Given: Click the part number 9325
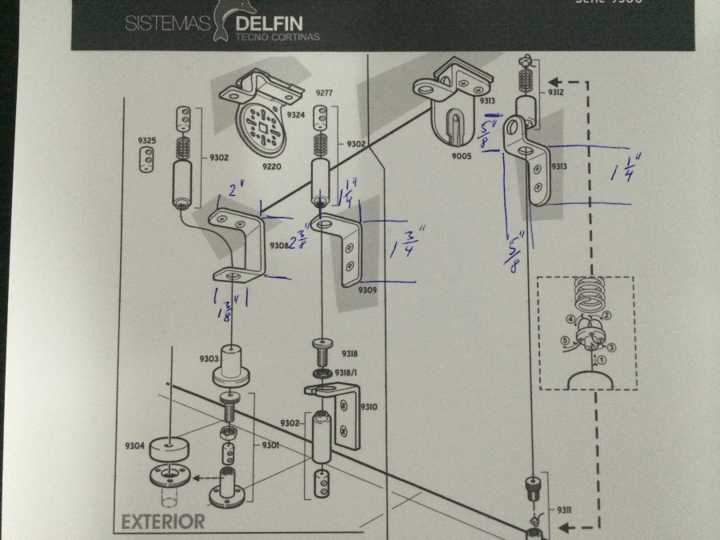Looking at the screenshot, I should [x=147, y=141].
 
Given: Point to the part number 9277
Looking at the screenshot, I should [x=325, y=94].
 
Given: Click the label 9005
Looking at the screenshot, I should [x=461, y=156].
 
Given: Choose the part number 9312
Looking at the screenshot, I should [x=556, y=93].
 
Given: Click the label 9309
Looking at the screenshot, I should [x=368, y=290].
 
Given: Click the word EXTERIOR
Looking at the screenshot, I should [x=163, y=522].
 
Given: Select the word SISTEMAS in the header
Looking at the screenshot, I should [x=167, y=24].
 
